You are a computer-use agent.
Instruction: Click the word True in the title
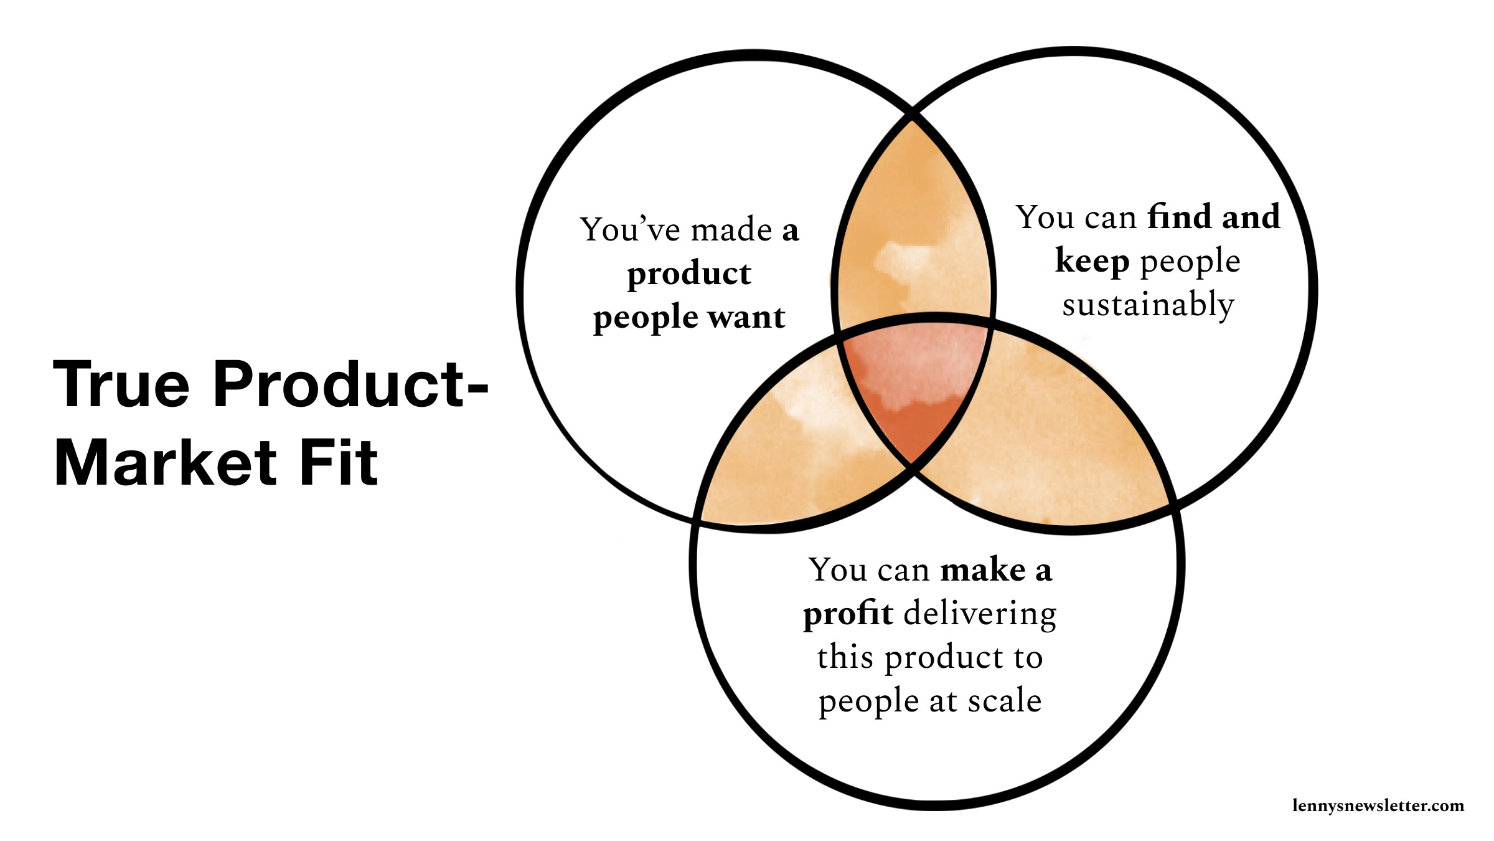[121, 385]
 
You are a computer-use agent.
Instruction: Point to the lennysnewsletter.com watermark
[1378, 805]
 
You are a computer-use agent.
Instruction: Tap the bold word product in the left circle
[689, 274]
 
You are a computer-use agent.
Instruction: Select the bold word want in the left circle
[746, 318]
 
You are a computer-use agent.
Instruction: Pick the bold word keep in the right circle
[1092, 261]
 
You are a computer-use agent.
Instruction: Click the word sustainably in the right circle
[1148, 305]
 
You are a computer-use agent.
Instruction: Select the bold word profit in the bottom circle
[848, 614]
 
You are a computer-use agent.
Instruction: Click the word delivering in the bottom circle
[980, 614]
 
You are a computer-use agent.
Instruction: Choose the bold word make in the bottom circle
[983, 570]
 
